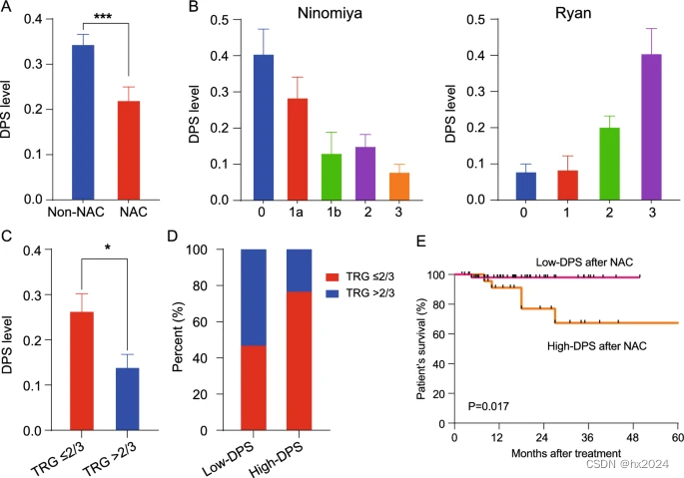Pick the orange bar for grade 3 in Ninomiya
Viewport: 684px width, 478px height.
click(399, 186)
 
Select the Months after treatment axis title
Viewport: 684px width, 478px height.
click(565, 454)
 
